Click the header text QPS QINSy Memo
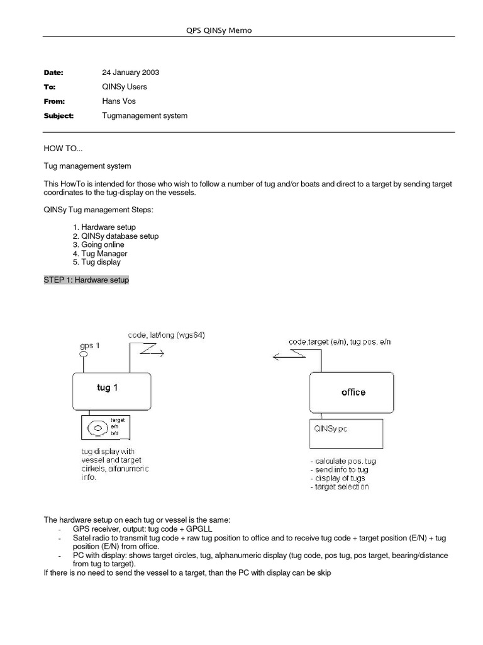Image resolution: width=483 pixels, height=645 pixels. (x=216, y=30)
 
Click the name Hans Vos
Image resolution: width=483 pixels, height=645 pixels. (x=119, y=101)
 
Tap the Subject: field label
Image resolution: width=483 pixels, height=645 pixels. (x=58, y=115)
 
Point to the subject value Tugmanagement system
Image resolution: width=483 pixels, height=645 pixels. (x=145, y=115)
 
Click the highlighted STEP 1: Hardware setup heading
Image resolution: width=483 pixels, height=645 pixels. (x=86, y=280)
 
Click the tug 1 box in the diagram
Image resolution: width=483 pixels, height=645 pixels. (x=111, y=391)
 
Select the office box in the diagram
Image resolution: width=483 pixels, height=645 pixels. (x=353, y=392)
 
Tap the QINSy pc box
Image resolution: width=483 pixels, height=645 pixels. (x=347, y=431)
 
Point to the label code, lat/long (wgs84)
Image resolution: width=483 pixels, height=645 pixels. (x=167, y=336)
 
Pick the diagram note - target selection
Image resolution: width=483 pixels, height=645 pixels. (x=340, y=487)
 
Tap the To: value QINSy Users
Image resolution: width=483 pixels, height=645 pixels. (x=125, y=87)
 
